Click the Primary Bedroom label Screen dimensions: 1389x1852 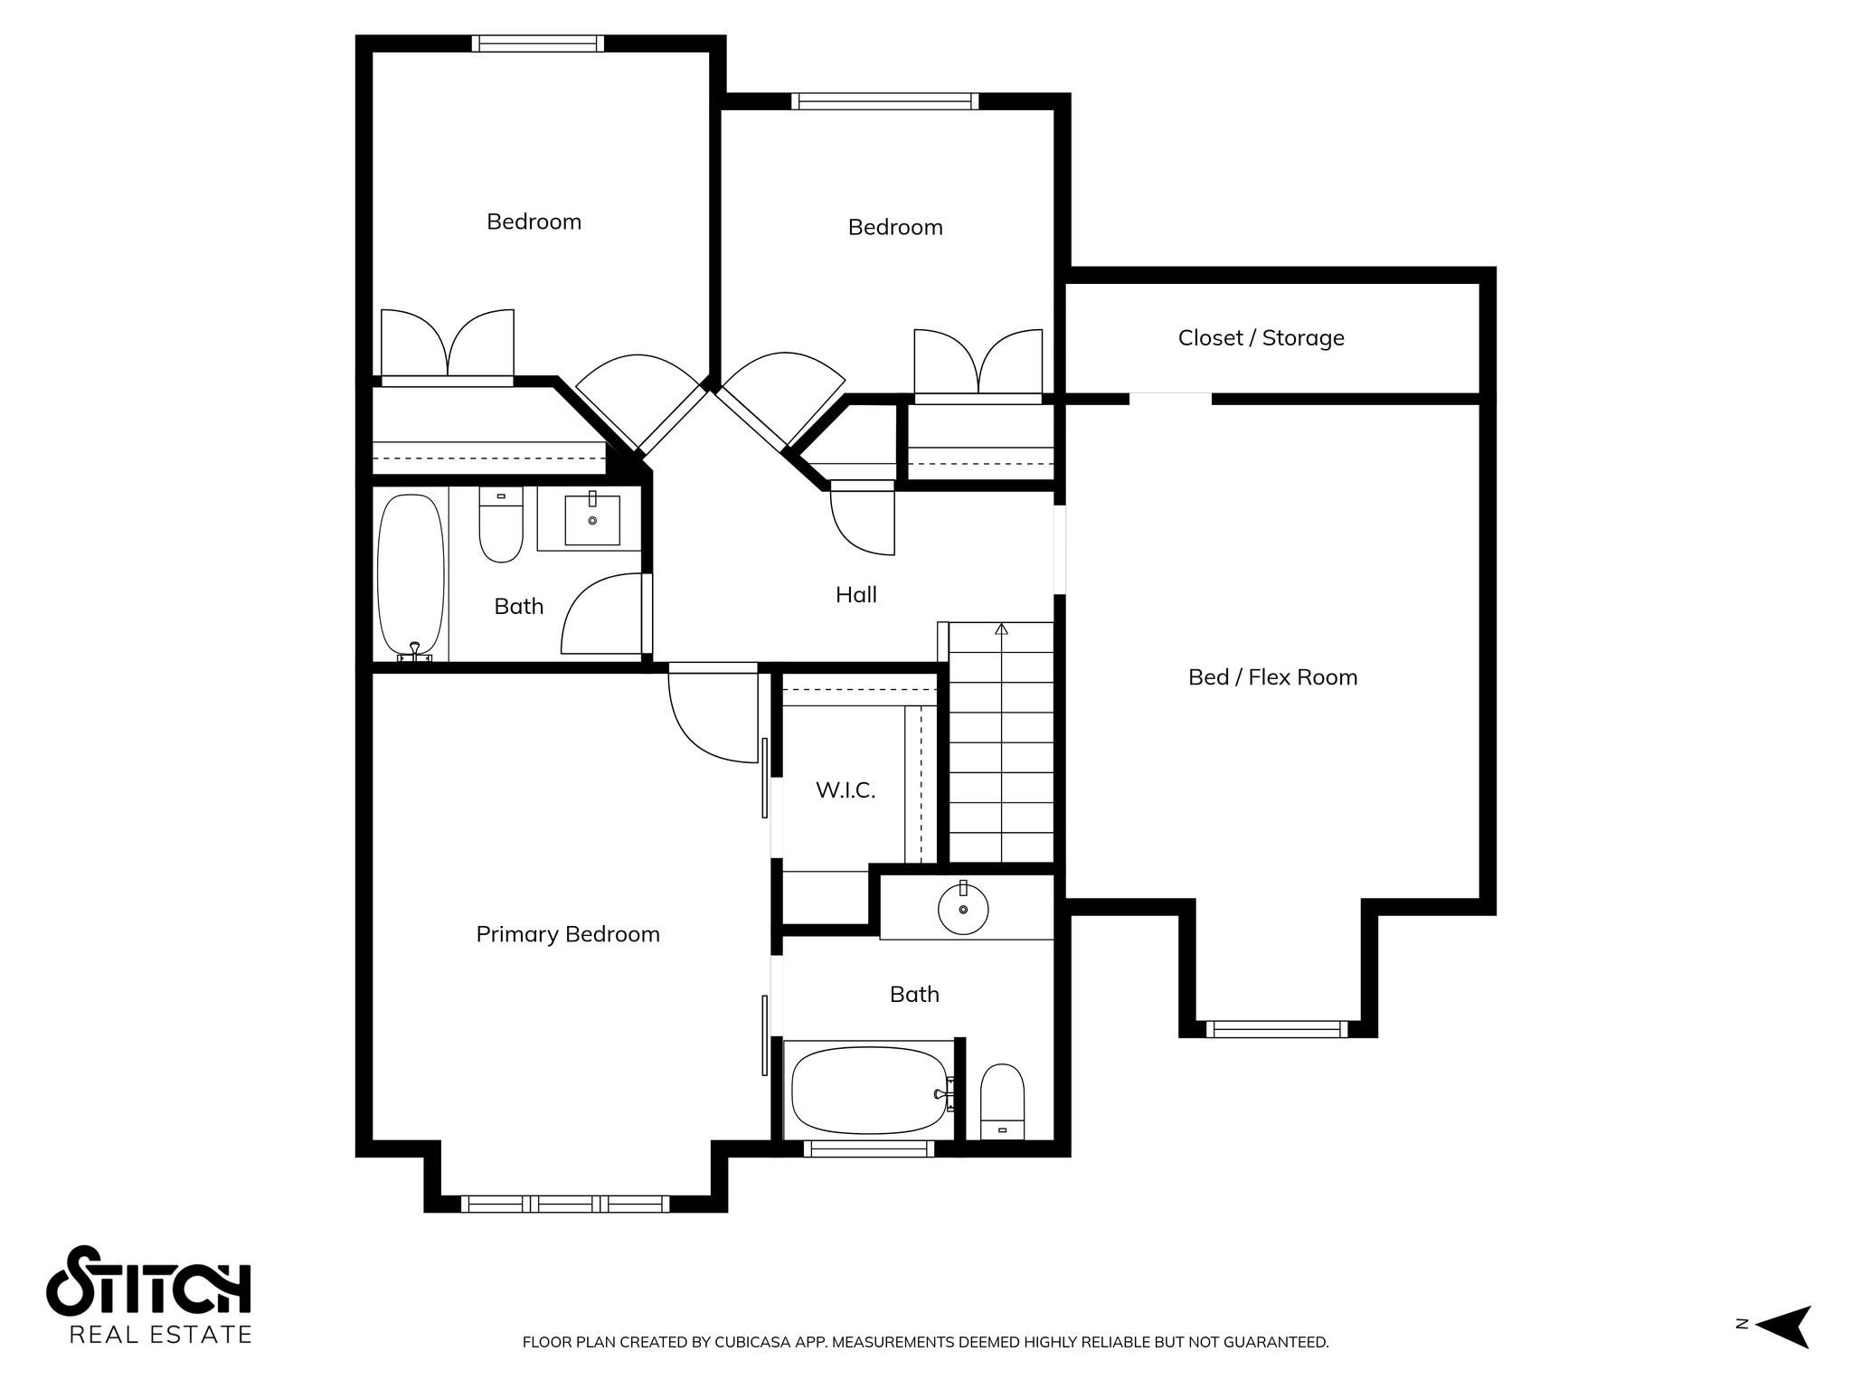coord(568,934)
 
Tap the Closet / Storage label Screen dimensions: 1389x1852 coord(1261,337)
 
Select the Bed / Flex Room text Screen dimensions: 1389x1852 coord(1272,676)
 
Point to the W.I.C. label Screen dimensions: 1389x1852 coord(846,789)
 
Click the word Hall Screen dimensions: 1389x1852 coord(856,594)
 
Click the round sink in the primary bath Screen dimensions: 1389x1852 coord(963,909)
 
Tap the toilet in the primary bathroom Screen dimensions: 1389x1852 coord(1002,1101)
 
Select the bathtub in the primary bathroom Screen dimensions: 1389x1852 coord(869,1090)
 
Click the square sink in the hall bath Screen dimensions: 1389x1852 coord(592,521)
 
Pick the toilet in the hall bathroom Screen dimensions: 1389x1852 coord(501,524)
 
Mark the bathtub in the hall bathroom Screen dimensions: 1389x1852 coord(411,575)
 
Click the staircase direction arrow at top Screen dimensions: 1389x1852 coord(1001,628)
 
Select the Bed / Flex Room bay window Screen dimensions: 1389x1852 coord(1277,1029)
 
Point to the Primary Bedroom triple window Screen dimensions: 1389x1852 coord(565,1204)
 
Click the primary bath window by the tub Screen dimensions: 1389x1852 coord(869,1148)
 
